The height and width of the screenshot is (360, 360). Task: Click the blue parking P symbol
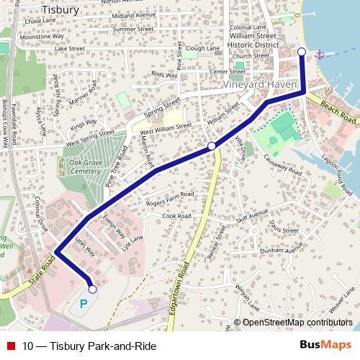pos(84,305)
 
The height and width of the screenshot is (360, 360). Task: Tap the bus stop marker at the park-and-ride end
pos(91,289)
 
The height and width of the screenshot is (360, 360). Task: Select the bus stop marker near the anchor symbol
pos(302,51)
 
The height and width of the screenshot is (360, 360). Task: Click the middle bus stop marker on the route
pos(212,146)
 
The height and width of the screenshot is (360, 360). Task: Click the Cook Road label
pos(177,216)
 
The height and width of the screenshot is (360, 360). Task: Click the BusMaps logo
pos(325,346)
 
